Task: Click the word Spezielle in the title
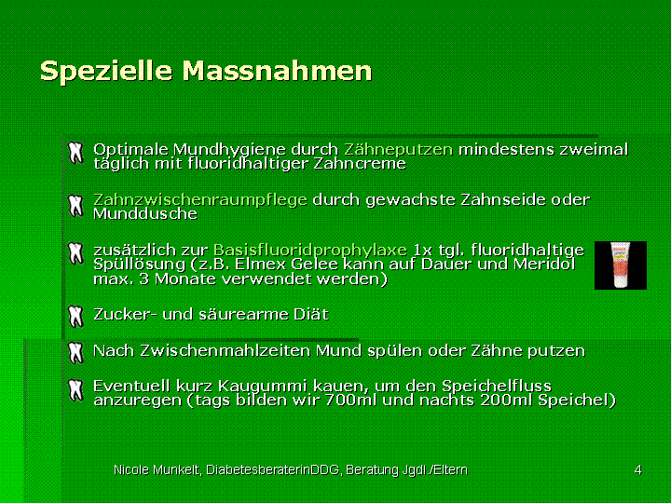coord(106,71)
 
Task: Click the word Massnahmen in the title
coord(278,70)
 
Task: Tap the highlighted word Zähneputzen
coord(399,149)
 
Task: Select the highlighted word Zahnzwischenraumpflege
coord(200,199)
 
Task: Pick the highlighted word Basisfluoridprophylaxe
coord(310,250)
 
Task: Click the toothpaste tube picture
coord(621,265)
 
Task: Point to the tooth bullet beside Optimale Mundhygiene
coord(75,153)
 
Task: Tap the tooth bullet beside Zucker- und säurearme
coord(75,317)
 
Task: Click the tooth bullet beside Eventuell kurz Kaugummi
coord(75,390)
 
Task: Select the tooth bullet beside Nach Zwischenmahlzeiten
coord(75,353)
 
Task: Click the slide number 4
coord(637,469)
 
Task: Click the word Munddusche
coord(145,213)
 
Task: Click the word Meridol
coord(544,264)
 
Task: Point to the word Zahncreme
coord(360,163)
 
